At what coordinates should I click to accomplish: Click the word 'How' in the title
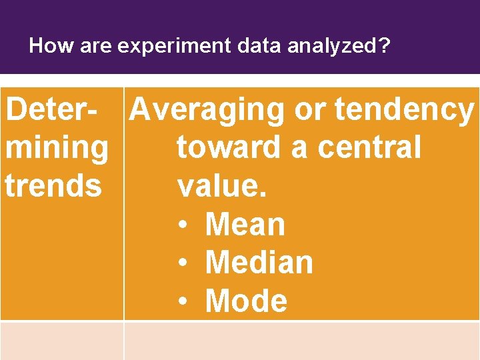tap(44, 46)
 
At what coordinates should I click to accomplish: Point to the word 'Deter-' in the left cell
tap(56, 109)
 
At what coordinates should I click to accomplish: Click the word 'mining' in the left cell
tap(56, 148)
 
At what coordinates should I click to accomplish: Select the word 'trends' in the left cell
tap(53, 185)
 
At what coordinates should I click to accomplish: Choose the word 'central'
tap(369, 147)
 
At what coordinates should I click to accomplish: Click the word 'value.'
tap(222, 185)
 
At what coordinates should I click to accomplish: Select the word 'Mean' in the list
tap(245, 224)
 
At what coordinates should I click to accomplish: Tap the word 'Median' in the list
tap(259, 262)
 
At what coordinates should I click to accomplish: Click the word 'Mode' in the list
tap(246, 301)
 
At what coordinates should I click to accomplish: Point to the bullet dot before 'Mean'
tap(182, 225)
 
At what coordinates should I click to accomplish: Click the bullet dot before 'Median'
tap(182, 263)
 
